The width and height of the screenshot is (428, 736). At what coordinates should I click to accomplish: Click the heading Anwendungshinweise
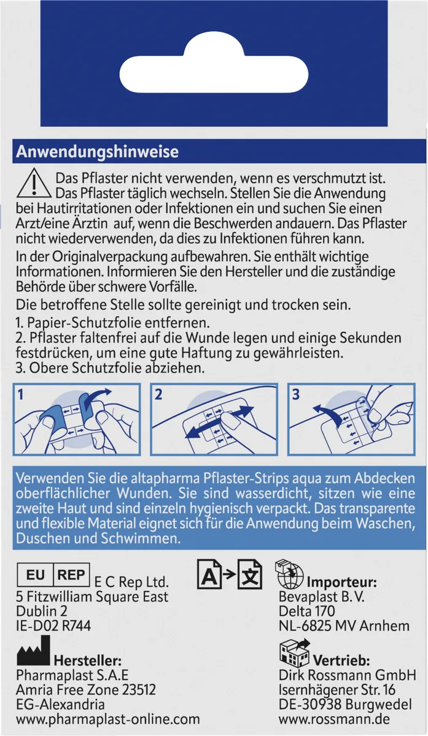[x=97, y=151]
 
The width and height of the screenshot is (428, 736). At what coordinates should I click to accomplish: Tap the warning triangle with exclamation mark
[x=34, y=183]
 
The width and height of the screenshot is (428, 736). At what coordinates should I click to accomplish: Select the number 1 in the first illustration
[x=21, y=394]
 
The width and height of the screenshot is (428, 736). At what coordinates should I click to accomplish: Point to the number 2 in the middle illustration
[x=158, y=394]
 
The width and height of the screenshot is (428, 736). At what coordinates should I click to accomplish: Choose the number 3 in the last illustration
[x=296, y=394]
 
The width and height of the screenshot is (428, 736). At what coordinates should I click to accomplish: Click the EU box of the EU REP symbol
[x=35, y=575]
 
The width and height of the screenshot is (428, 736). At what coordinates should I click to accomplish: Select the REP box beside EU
[x=71, y=575]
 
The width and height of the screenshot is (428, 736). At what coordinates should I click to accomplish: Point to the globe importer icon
[x=289, y=574]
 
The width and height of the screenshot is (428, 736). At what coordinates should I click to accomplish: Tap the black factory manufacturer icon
[x=33, y=650]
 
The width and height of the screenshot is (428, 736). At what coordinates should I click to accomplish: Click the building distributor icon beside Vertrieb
[x=294, y=653]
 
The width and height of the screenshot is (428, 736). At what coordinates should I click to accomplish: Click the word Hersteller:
[x=88, y=660]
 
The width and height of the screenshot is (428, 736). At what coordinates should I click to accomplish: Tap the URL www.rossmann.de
[x=334, y=719]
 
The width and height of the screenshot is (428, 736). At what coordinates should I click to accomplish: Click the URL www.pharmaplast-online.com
[x=108, y=719]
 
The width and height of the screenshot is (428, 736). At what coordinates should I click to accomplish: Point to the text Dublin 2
[x=42, y=611]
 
